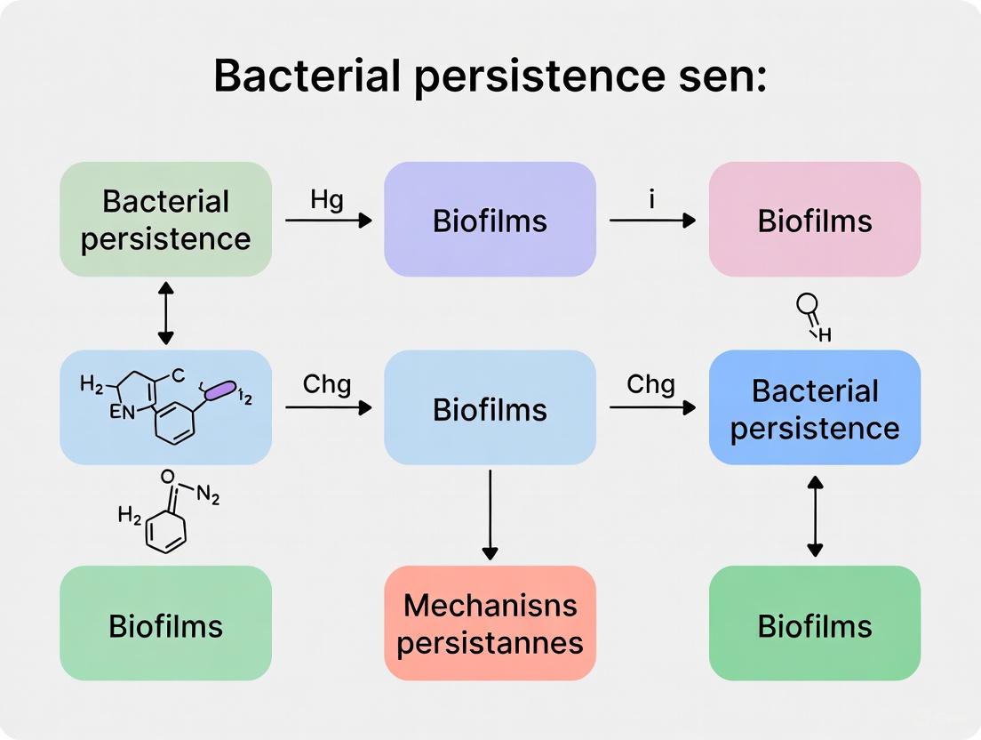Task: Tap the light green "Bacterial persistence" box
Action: pos(165,220)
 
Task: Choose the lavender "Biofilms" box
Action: pos(490,220)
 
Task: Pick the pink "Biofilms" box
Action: pos(814,220)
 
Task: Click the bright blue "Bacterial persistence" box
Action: pos(814,408)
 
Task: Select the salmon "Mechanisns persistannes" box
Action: pos(490,623)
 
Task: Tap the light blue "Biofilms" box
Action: pos(490,408)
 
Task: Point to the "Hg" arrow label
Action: pos(327,200)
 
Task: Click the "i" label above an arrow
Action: pos(651,199)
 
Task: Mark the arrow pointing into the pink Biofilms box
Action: pos(652,220)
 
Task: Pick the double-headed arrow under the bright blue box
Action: pos(815,516)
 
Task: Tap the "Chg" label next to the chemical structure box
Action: pos(327,385)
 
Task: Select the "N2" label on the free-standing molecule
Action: pos(206,496)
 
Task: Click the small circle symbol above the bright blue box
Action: pos(807,307)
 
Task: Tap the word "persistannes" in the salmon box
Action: pos(490,642)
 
